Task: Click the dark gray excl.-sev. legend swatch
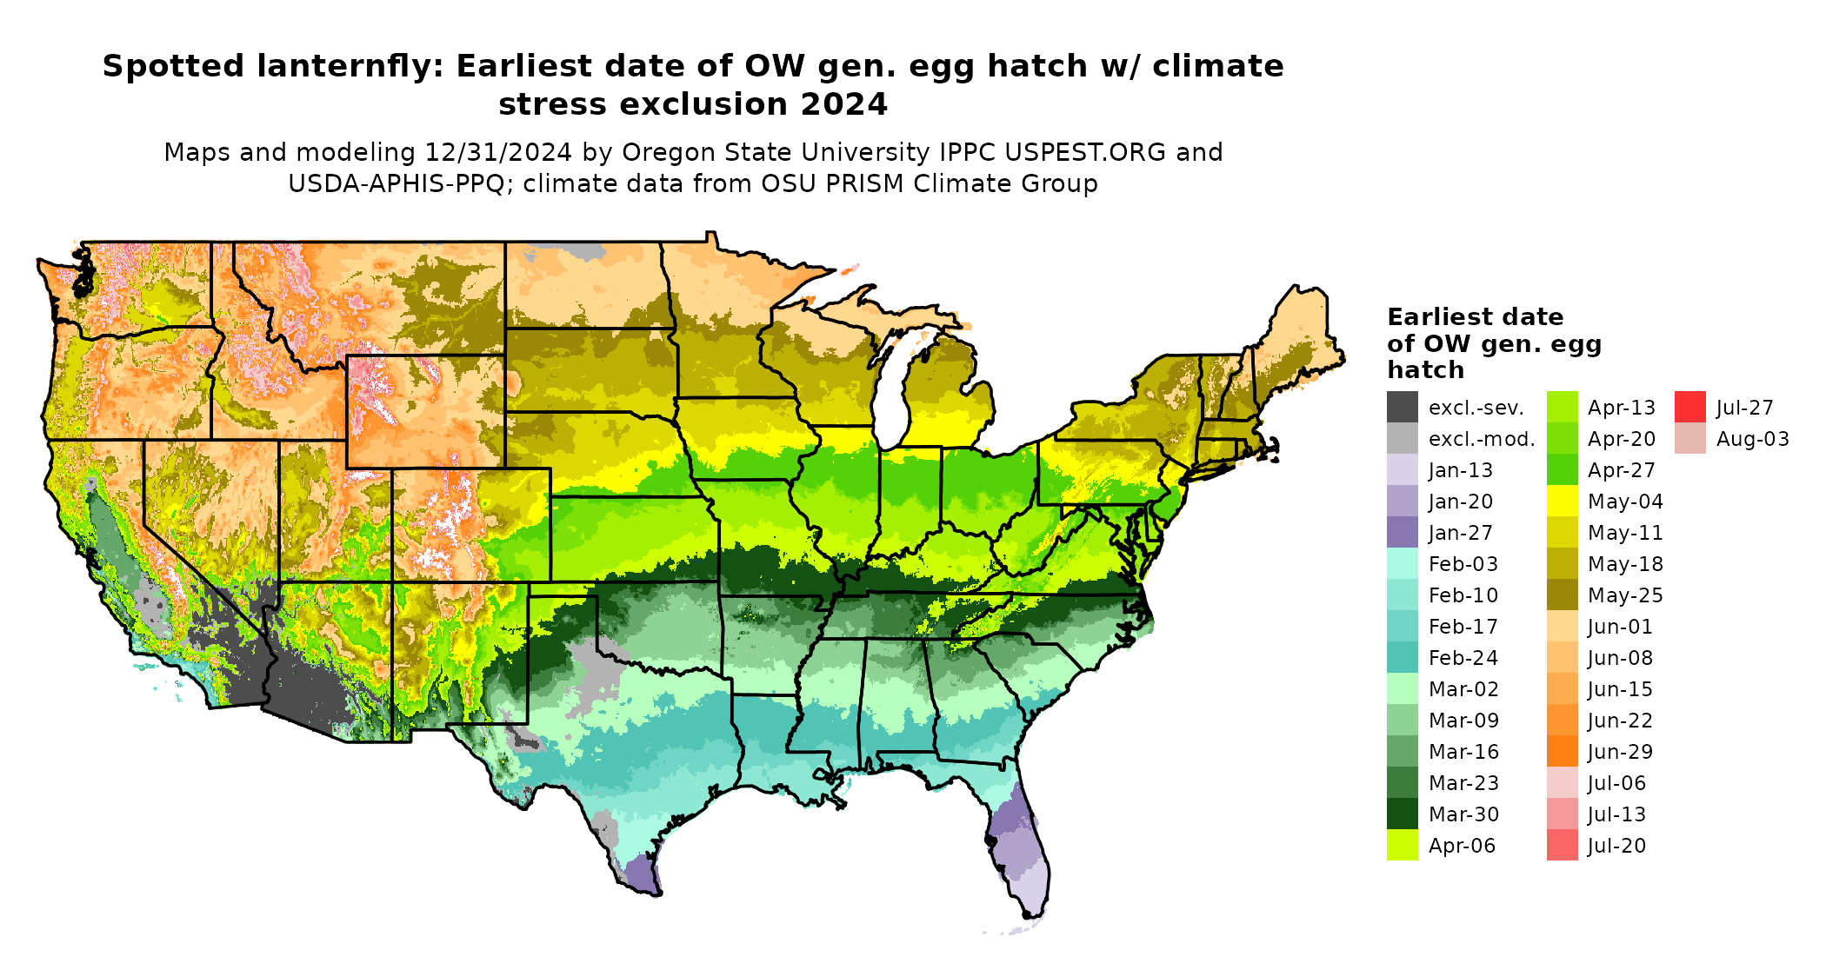point(1403,408)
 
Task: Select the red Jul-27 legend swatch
point(1690,408)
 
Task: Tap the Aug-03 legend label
point(1752,439)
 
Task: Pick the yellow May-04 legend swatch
point(1563,502)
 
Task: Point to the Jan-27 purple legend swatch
point(1403,533)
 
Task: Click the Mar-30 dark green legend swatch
point(1403,814)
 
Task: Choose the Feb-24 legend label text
point(1463,658)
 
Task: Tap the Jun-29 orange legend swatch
point(1563,752)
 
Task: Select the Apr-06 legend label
point(1462,846)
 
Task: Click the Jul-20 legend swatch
point(1563,846)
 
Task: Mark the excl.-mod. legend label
point(1482,439)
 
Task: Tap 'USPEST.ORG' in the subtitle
point(1085,152)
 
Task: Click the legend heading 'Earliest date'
point(1475,316)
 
